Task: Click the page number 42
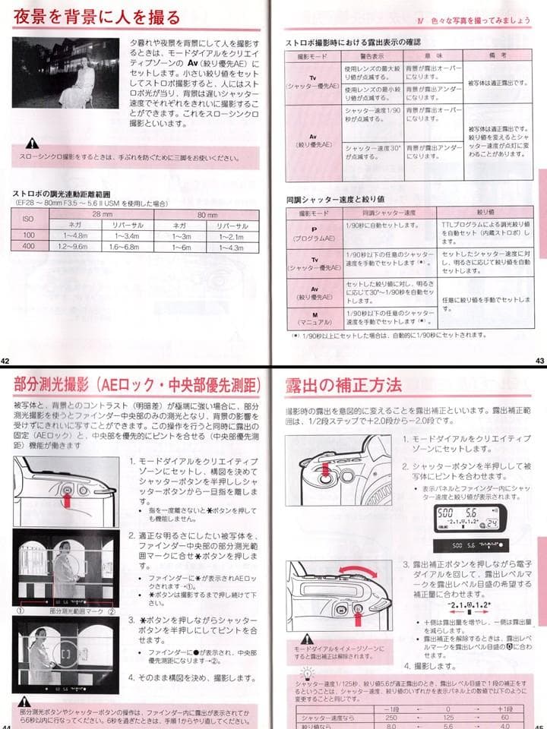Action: pos(5,360)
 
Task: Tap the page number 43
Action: pos(539,360)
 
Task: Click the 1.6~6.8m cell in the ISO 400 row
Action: pos(124,248)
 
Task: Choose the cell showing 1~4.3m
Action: pos(231,248)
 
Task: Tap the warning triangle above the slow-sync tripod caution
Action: pos(30,143)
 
